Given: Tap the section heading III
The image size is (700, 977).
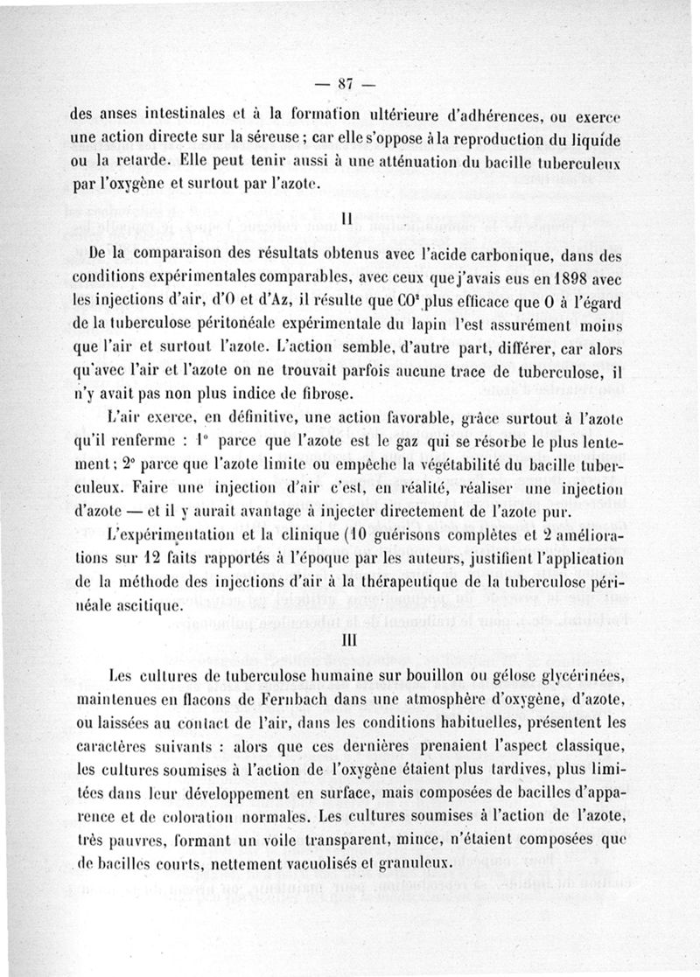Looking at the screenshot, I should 348,641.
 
